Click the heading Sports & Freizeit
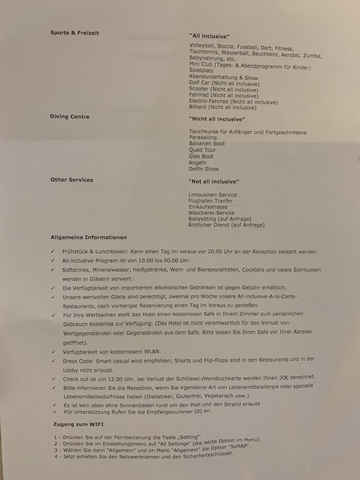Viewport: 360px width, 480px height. [75, 33]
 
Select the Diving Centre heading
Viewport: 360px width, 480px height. [70, 117]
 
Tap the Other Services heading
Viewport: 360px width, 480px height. [72, 180]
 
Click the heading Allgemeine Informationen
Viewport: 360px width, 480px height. [88, 237]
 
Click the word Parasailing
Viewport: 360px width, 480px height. [203, 138]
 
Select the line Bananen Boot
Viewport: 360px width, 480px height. [207, 144]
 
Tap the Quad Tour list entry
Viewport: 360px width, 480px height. [202, 150]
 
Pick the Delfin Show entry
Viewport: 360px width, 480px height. [204, 169]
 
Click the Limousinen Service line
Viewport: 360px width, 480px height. [212, 195]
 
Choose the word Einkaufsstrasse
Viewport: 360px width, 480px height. [208, 207]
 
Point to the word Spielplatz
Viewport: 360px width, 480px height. [201, 71]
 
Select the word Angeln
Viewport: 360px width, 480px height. [197, 163]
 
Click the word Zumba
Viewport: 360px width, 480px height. [312, 56]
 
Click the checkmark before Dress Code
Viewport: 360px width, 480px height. [53, 361]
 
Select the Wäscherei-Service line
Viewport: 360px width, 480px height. [212, 213]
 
